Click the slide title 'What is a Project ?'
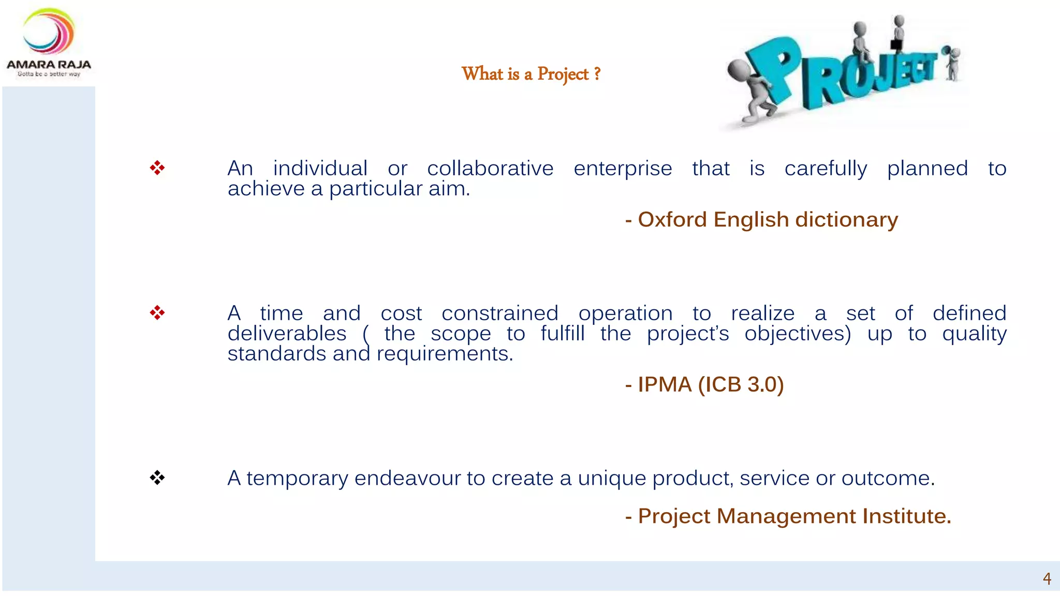coord(531,74)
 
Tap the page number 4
coord(1047,578)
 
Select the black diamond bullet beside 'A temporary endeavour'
coord(157,478)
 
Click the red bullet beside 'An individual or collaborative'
coord(157,168)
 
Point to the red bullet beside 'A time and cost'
coord(157,312)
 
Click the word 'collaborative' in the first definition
coord(490,169)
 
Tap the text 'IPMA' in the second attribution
coord(665,385)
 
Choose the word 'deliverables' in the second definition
coord(287,334)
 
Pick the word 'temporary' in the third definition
coord(297,479)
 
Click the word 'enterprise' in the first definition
coord(623,169)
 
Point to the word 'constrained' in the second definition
coord(499,314)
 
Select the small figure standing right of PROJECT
coord(951,63)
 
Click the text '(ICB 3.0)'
coord(741,385)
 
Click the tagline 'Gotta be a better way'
coord(49,74)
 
